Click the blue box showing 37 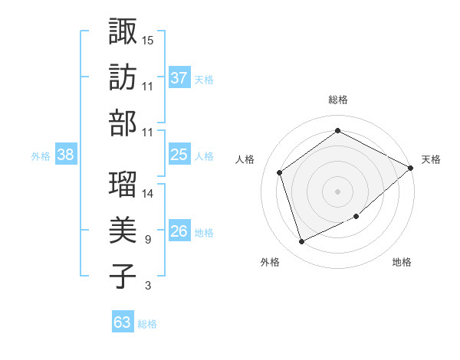(x=179, y=77)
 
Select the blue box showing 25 (x=179, y=155)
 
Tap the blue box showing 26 (x=179, y=231)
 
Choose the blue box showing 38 (x=65, y=155)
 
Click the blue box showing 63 (x=123, y=322)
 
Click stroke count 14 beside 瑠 (x=149, y=193)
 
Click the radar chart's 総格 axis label (x=337, y=100)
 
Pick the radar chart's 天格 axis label (x=431, y=159)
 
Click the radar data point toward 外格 (x=301, y=241)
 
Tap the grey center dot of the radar (x=337, y=191)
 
